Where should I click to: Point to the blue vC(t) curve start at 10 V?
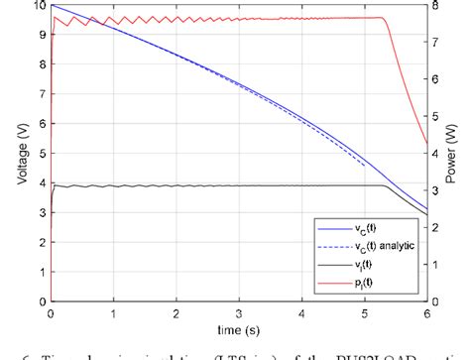coord(51,6)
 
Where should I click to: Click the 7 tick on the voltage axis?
coord(40,94)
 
